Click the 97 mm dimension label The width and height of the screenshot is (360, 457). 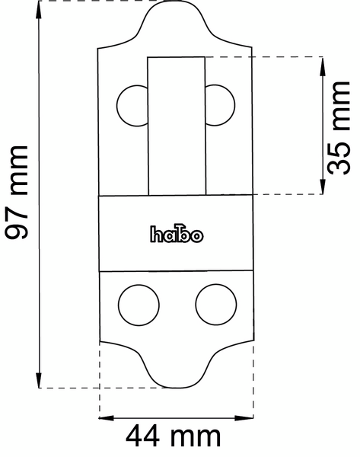coord(17,191)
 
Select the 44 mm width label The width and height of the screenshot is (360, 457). coord(174,437)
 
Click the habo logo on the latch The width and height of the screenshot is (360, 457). coord(176,235)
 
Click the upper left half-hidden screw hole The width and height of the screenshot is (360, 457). coord(131,104)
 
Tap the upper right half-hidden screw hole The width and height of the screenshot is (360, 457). coord(221,104)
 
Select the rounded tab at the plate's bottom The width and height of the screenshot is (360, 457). coord(176,369)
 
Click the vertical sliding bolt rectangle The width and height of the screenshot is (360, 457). coord(176,126)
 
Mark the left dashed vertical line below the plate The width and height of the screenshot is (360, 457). coord(100,381)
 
